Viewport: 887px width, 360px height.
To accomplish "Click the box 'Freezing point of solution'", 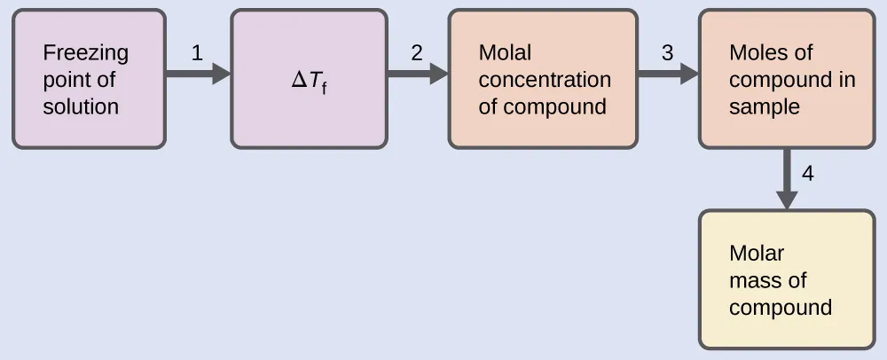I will (89, 79).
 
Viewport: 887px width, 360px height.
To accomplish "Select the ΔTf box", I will (309, 79).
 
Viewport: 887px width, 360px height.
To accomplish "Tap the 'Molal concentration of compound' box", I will (543, 79).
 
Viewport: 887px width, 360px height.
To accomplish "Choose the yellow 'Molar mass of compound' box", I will (787, 279).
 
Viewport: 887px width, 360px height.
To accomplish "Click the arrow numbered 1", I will (198, 74).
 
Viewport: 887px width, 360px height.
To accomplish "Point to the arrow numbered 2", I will (417, 74).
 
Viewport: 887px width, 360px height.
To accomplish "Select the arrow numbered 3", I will (667, 74).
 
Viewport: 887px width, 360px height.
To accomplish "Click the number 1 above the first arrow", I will (197, 52).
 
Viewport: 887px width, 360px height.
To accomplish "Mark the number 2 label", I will (416, 52).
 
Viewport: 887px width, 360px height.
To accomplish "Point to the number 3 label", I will (667, 52).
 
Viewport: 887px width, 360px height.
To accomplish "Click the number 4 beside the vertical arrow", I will (807, 173).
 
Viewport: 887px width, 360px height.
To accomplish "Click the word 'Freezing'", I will (85, 53).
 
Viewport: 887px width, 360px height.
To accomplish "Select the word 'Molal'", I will (505, 52).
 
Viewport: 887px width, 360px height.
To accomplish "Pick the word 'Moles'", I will (758, 52).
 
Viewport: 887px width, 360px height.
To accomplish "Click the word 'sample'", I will (764, 107).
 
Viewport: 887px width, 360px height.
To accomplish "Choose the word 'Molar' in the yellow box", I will (757, 254).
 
